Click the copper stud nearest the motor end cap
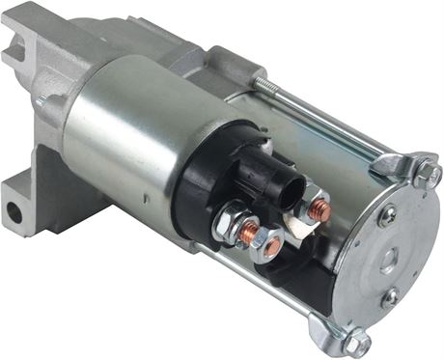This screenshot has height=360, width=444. click(319, 209)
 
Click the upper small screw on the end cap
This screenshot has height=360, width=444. click(386, 215)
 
